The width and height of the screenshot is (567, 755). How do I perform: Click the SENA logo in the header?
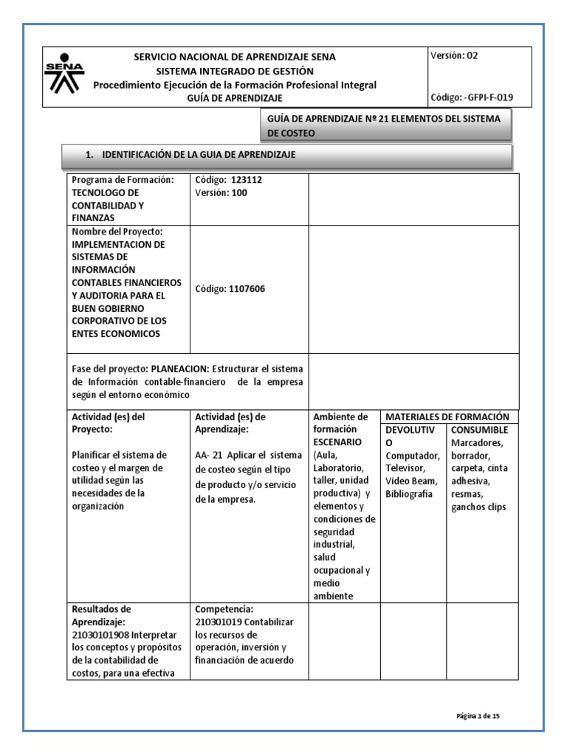65,74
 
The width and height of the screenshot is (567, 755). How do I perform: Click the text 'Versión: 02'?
458,55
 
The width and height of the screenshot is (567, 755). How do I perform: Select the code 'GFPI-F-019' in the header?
489,97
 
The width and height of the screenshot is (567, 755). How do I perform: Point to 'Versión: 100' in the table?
221,192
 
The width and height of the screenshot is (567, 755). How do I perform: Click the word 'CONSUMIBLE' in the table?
479,429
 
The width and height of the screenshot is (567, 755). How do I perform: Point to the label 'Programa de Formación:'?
122,181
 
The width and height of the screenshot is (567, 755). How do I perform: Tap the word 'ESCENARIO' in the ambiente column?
337,442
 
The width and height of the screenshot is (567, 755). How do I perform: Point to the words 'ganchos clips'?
478,507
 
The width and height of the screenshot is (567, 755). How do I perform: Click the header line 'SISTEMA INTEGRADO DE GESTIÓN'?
234,71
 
